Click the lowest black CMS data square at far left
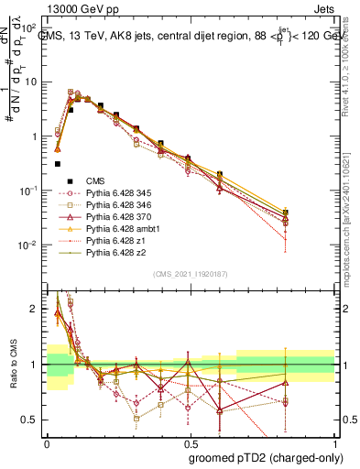point(58,164)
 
